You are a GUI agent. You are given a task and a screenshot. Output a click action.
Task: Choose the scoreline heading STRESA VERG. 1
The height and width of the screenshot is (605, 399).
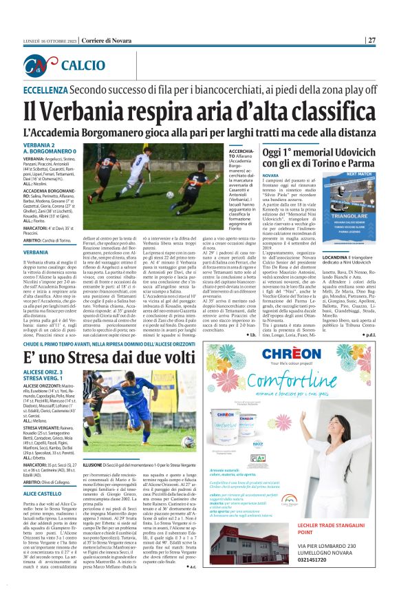(x=42, y=379)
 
